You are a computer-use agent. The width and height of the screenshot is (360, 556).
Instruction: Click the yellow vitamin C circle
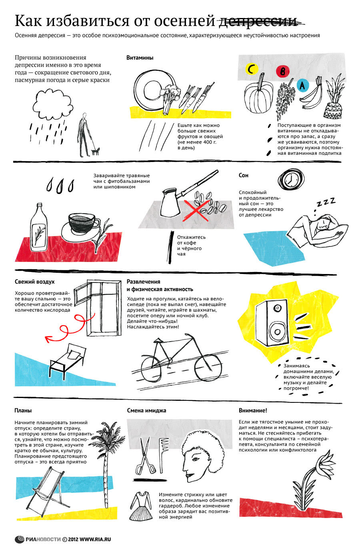click(x=252, y=69)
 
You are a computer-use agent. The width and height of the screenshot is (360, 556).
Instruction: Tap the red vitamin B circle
click(x=283, y=71)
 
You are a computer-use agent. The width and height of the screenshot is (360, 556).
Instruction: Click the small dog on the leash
click(x=95, y=151)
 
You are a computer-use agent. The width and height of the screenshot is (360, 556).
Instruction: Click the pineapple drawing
click(x=334, y=96)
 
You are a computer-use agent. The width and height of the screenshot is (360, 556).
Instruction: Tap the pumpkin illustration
click(x=258, y=96)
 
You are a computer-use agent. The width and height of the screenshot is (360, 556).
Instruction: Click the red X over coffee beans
click(x=196, y=210)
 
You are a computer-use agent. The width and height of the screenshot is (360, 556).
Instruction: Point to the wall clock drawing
click(x=291, y=179)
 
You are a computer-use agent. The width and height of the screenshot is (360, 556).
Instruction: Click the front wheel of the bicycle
click(x=208, y=368)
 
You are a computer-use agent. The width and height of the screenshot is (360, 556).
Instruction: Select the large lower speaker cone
click(x=277, y=331)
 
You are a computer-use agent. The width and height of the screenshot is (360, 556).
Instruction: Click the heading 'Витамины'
click(x=140, y=58)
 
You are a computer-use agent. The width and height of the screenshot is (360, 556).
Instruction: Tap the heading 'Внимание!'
click(x=253, y=410)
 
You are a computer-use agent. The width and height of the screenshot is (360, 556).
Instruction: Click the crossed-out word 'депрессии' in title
click(x=258, y=21)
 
